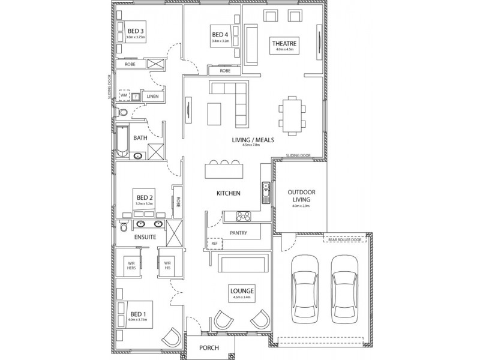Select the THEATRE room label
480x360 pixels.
285,43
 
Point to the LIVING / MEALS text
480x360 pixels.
253,140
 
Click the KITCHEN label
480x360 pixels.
229,193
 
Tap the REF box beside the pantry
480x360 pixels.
214,244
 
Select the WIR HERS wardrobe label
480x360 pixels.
131,265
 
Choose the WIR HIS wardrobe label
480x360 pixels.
168,265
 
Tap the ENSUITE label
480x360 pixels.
145,237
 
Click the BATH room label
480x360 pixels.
140,137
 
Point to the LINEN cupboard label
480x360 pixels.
153,96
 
